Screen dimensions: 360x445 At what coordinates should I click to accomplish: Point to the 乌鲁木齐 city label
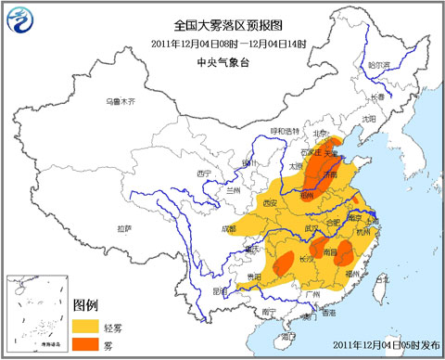tap(121, 100)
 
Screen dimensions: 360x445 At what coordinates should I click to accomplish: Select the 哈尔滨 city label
tap(380, 66)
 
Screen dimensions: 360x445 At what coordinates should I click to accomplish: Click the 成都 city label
tap(228, 227)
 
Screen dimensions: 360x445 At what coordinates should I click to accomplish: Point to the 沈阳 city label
tap(370, 119)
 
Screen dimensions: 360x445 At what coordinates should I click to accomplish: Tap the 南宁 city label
tap(267, 313)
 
